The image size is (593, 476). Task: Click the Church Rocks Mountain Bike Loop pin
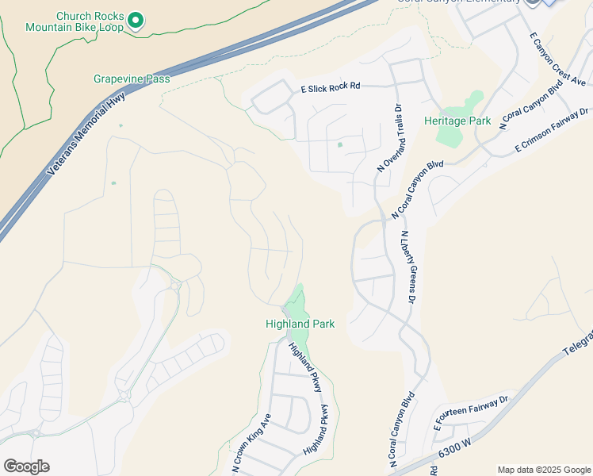136,20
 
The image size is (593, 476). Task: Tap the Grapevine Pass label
132,79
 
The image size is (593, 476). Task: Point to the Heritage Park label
457,121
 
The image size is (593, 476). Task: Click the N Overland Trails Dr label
390,140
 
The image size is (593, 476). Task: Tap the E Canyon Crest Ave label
559,60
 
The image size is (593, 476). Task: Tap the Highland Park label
300,324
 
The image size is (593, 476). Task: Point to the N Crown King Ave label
252,443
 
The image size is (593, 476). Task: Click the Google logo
26,466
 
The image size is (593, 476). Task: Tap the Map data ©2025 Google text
543,470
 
